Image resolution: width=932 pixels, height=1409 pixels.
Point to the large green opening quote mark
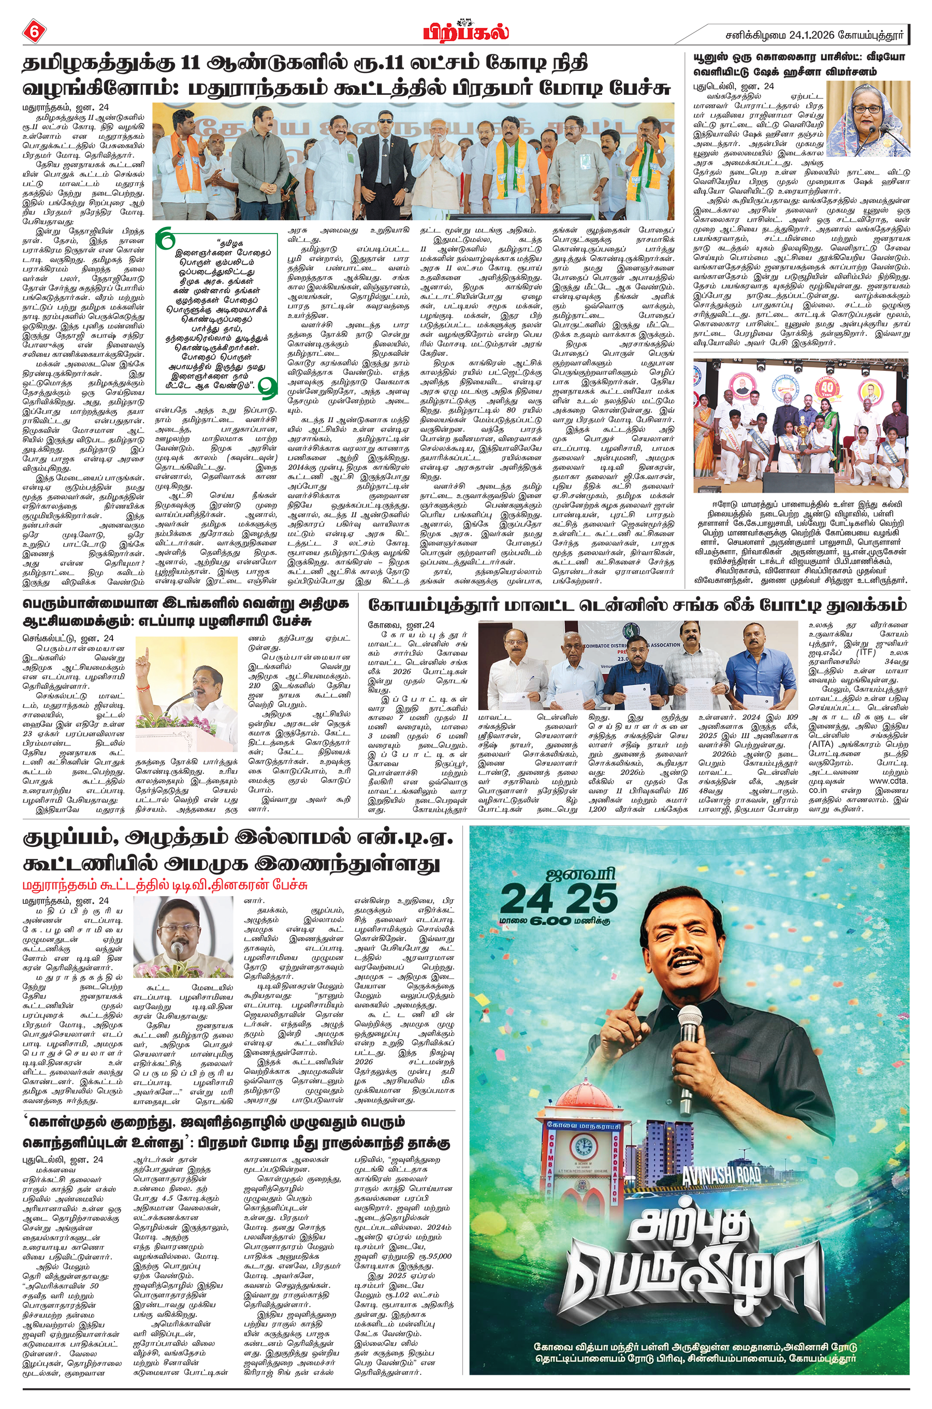coord(166,240)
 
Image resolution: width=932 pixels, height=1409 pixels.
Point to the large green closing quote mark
coord(269,387)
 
